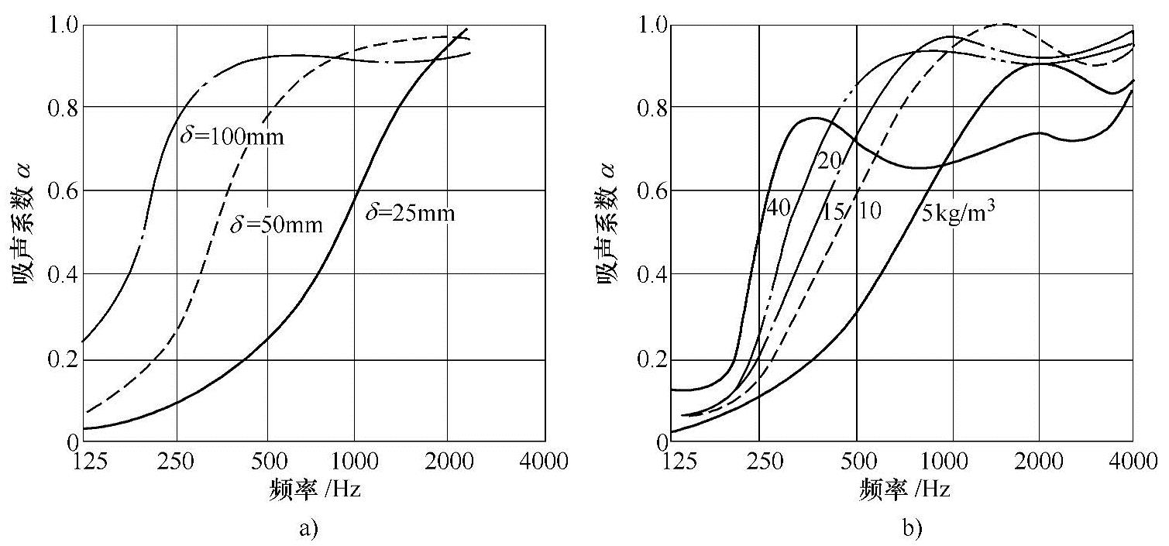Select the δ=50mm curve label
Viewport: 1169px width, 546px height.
[x=277, y=225]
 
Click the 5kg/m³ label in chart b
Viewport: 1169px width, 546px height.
[x=958, y=212]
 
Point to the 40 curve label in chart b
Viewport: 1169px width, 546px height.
[x=779, y=208]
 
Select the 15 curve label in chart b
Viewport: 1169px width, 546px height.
[x=833, y=211]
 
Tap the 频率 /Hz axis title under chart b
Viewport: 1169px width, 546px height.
[x=904, y=491]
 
